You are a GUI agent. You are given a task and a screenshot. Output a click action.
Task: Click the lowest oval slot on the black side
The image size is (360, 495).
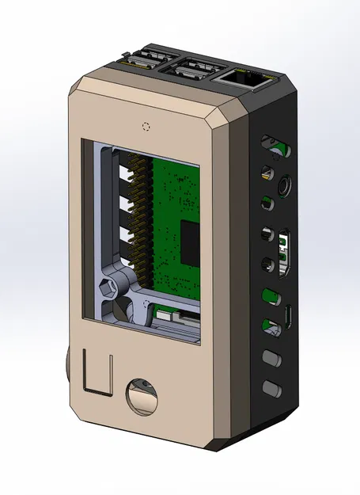pyautogui.click(x=271, y=388)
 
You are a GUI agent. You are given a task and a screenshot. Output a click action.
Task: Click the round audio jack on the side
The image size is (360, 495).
pyautogui.click(x=283, y=188)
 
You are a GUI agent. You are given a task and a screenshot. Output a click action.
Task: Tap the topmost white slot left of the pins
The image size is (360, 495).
pyautogui.click(x=125, y=169)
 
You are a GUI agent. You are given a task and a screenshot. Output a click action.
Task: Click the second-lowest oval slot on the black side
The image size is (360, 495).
pyautogui.click(x=271, y=358)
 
